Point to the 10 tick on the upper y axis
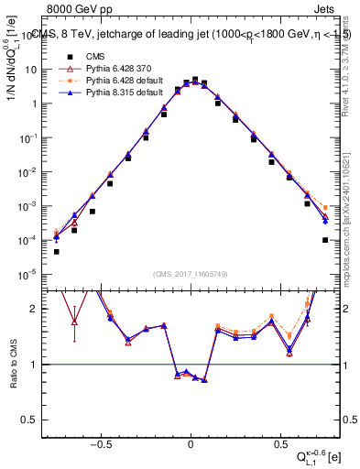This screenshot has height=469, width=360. [x=32, y=70]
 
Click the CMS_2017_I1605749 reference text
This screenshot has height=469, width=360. [x=190, y=273]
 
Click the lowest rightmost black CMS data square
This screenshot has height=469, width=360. [x=325, y=240]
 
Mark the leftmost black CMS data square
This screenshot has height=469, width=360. [x=57, y=252]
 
